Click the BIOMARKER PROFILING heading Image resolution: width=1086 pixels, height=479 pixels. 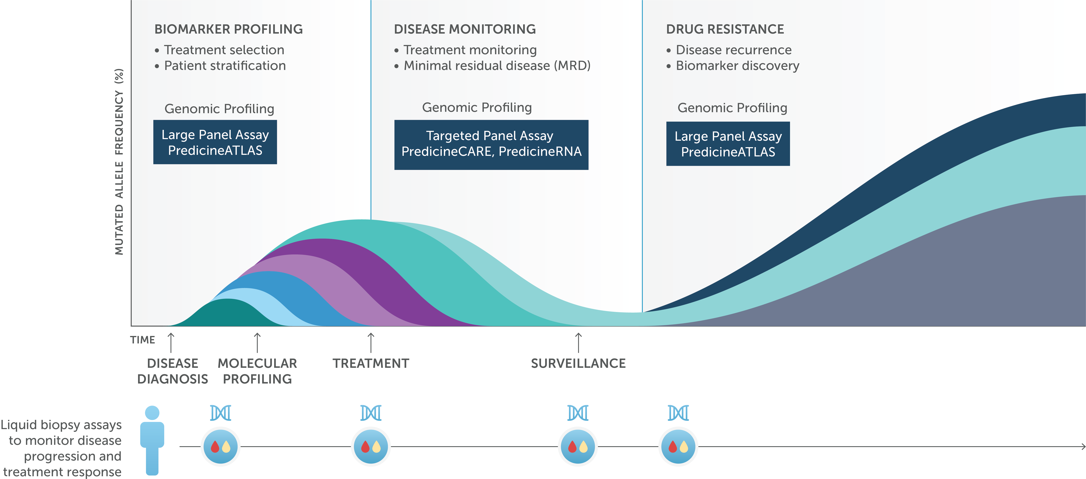(x=229, y=29)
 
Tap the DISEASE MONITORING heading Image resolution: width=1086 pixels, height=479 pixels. (x=465, y=29)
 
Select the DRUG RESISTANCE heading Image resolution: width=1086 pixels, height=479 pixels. (x=725, y=29)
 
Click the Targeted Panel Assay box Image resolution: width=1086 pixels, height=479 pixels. (x=491, y=144)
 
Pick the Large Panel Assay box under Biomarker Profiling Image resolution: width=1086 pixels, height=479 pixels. (x=215, y=142)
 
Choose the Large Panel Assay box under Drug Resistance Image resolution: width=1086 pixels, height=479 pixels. (x=728, y=144)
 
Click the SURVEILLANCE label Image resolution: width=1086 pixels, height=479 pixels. (x=578, y=363)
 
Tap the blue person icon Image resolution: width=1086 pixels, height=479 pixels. (x=152, y=440)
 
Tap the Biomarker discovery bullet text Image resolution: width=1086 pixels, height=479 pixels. (x=737, y=66)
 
